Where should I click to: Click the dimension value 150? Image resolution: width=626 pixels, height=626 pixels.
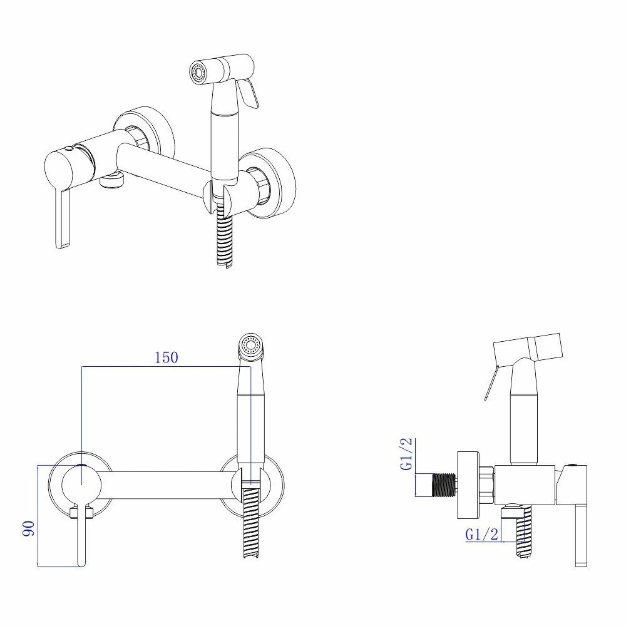(x=167, y=357)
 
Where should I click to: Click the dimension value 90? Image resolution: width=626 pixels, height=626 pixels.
(x=29, y=528)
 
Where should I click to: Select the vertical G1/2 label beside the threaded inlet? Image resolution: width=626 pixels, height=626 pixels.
(x=406, y=454)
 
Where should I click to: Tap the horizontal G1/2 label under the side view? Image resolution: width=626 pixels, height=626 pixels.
(x=482, y=534)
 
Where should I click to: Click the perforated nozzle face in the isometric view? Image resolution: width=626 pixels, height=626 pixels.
(x=196, y=73)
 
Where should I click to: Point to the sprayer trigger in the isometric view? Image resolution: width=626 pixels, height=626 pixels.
(x=249, y=93)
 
